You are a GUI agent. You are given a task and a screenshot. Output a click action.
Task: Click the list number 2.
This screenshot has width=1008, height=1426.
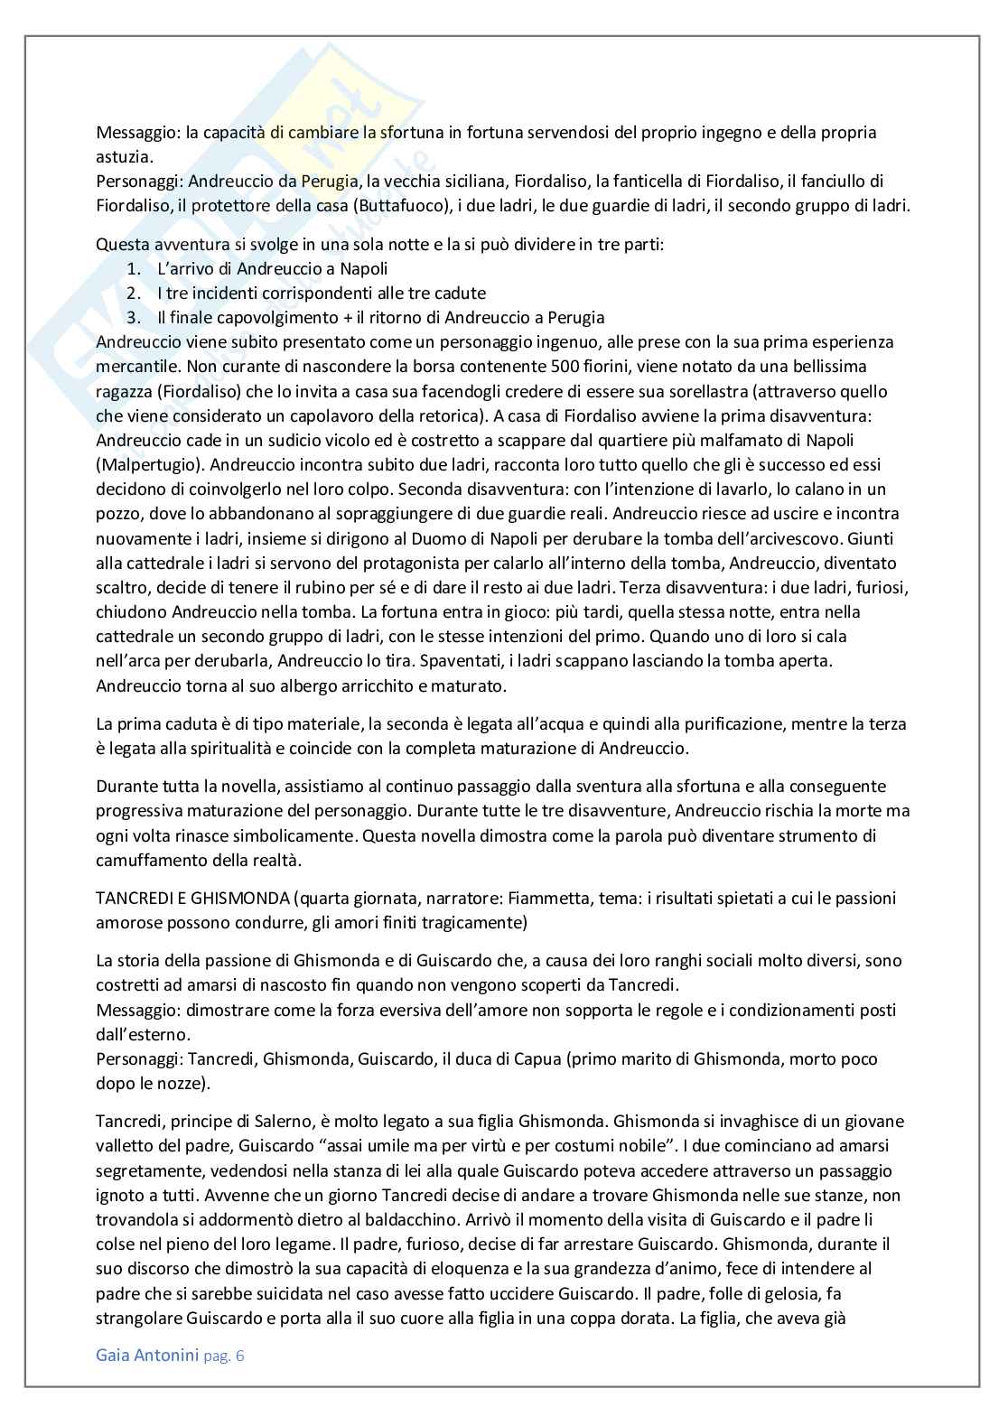[x=133, y=294]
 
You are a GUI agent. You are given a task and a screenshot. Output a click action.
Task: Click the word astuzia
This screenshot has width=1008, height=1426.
[x=124, y=156]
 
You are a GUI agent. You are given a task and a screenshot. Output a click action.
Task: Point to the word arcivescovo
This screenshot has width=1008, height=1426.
[x=757, y=538]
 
